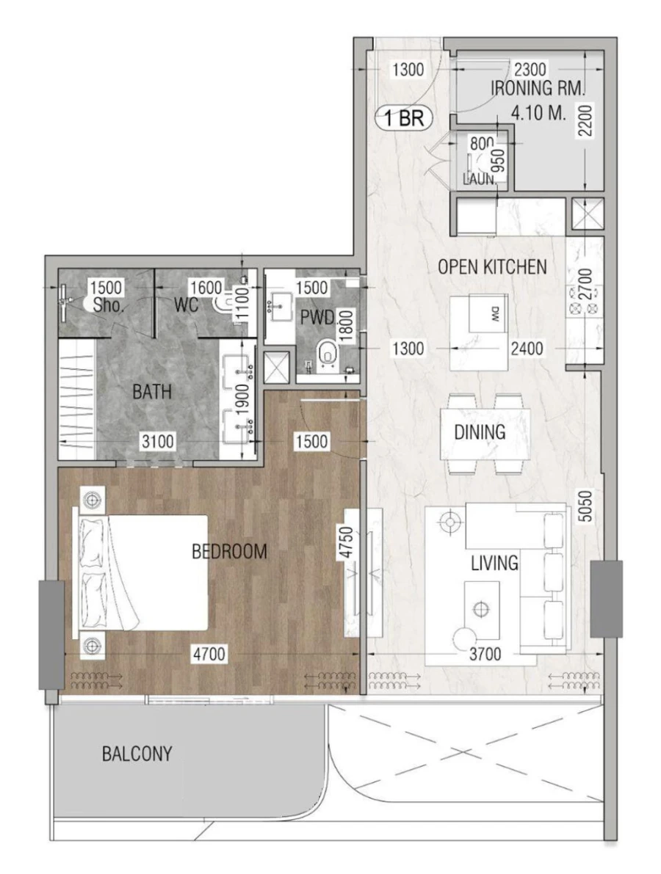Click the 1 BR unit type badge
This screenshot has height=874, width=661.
[405, 118]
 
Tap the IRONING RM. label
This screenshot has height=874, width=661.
[538, 90]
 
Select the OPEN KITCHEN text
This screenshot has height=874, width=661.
[492, 266]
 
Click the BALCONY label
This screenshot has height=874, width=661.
[137, 754]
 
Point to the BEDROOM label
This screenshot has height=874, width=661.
[229, 551]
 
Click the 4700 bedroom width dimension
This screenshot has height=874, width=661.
[210, 653]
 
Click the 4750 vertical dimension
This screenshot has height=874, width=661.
[350, 542]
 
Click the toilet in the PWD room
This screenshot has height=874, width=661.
[327, 353]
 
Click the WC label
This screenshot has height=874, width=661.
[187, 305]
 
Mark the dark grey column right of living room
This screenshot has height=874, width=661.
[607, 599]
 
